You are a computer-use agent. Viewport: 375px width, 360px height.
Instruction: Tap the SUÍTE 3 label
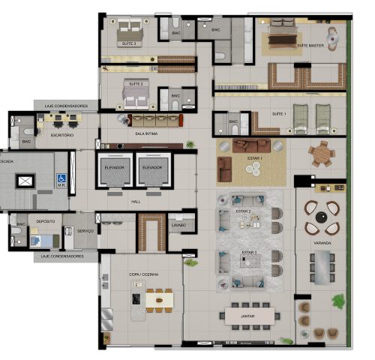coord(129,43)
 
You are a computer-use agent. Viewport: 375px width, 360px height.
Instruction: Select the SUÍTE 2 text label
coord(136,82)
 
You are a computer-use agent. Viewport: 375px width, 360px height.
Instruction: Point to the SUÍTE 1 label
coord(279,113)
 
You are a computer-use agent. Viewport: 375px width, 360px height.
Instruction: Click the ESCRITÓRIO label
coord(62,135)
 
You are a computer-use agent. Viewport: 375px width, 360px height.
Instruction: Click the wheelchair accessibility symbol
coord(62,178)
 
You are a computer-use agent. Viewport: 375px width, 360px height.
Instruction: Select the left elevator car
coord(115,173)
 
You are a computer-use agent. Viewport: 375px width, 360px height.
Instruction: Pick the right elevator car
coord(153,173)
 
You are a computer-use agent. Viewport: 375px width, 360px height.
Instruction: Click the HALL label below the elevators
coord(136,201)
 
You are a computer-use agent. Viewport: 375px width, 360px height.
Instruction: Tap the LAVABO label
coord(178,224)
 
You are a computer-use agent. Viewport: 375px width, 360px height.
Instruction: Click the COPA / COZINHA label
coord(141,277)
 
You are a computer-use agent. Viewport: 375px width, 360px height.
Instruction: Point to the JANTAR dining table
coord(244,316)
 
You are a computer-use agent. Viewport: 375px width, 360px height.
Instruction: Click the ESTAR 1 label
coord(254,158)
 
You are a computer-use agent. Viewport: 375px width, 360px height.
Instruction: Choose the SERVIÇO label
coord(85,231)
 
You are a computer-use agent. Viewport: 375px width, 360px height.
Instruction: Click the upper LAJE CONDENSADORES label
coord(66,106)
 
